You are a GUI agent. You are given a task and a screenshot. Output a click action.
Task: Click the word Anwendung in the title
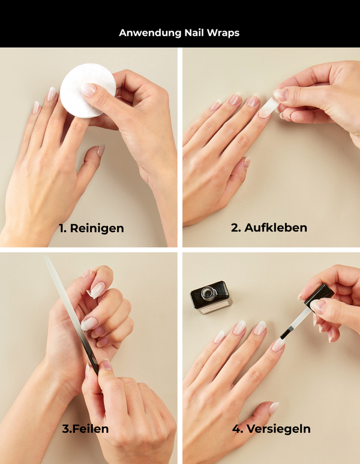pos(150,33)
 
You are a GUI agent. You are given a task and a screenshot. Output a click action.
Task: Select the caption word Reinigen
pos(97,229)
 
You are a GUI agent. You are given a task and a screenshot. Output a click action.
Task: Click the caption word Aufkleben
pos(275,228)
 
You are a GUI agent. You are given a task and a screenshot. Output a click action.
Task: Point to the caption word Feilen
pos(90,429)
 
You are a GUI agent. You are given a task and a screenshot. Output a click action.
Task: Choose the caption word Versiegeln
pos(278,429)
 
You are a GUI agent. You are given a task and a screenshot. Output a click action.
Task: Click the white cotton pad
pos(88,91)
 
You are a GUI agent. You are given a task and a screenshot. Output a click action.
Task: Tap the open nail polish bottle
pos(211,297)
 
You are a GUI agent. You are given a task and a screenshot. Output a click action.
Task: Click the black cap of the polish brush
pos(319,295)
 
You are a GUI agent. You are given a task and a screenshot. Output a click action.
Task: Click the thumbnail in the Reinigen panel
pos(101,150)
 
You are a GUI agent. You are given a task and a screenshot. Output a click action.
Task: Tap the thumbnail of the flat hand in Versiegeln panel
pos(274,408)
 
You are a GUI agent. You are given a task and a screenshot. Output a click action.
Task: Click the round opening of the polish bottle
pos(207,293)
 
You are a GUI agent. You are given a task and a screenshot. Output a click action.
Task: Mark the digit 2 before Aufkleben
pos(235,228)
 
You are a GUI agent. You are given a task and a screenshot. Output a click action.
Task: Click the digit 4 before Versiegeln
pos(236,429)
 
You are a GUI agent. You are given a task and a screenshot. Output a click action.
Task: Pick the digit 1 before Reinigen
pos(61,229)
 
